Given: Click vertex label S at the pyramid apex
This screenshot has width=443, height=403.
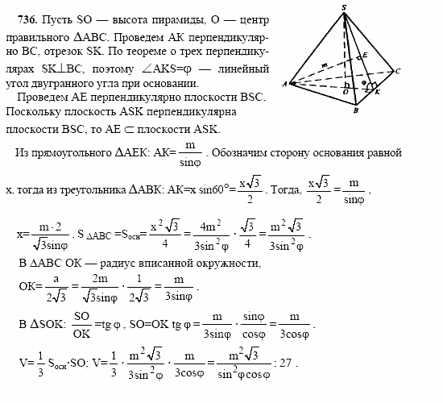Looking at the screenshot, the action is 344,7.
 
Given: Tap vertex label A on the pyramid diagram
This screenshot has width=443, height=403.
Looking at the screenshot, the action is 284,84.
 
